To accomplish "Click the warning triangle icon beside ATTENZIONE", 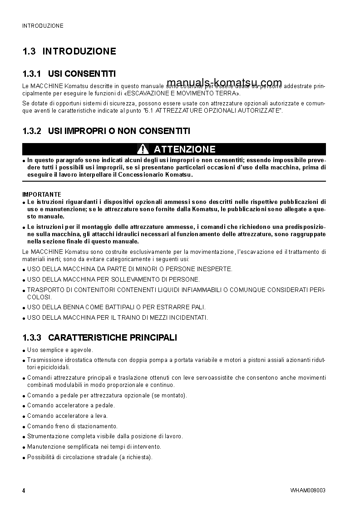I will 143,149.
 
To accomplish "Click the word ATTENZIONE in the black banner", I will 184,149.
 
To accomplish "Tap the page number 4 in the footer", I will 24,490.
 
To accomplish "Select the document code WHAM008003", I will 308,490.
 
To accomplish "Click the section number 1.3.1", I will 32,74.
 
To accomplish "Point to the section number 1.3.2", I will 32,131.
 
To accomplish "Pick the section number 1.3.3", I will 32,337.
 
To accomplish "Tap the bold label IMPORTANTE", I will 42,194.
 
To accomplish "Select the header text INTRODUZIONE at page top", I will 43,26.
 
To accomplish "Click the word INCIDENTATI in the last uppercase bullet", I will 188,317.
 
